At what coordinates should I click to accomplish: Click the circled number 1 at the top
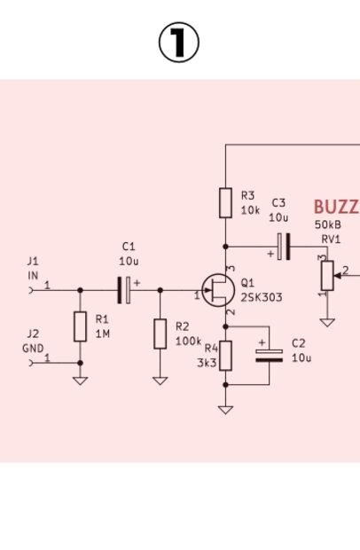pos(179,43)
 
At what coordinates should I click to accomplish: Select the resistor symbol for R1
pos(81,326)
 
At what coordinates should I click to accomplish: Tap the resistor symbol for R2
pos(160,334)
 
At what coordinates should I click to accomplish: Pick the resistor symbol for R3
pos(225,203)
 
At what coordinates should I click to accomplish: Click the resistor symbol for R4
pos(225,356)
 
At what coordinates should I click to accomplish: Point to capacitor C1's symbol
pos(124,290)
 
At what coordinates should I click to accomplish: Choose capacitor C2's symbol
pos(269,356)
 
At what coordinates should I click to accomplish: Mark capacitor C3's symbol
pos(284,247)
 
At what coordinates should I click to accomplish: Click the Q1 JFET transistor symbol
pos(218,290)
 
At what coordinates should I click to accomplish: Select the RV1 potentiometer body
pos(327,276)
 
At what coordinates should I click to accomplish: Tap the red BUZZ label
pos(337,207)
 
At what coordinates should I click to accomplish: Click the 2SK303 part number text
pos(262,297)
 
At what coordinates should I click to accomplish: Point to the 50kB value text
pos(328,224)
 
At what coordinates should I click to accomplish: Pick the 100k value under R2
pos(188,341)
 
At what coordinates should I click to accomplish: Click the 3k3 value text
pos(207,363)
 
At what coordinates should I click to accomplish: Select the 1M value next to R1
pos(103,334)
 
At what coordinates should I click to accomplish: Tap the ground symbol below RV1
pos(327,322)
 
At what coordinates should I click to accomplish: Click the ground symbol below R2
pos(160,381)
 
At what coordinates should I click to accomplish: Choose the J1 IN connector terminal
pos(31,290)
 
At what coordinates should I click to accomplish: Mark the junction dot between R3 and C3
pos(225,247)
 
